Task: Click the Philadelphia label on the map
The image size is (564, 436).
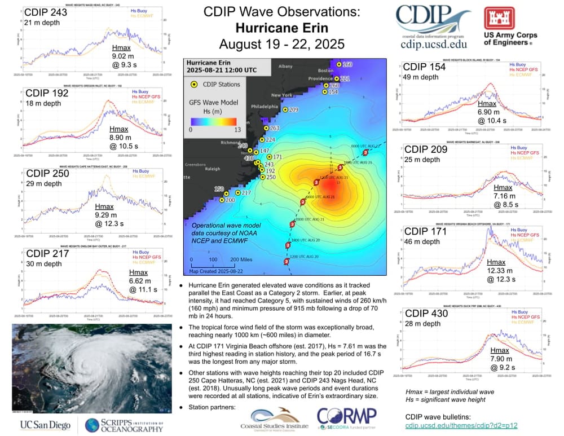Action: coord(265,106)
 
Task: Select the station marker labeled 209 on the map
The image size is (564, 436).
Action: coord(285,109)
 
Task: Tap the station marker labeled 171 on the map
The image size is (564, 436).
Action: coord(269,157)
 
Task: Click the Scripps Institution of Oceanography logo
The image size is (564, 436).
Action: coord(125,425)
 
